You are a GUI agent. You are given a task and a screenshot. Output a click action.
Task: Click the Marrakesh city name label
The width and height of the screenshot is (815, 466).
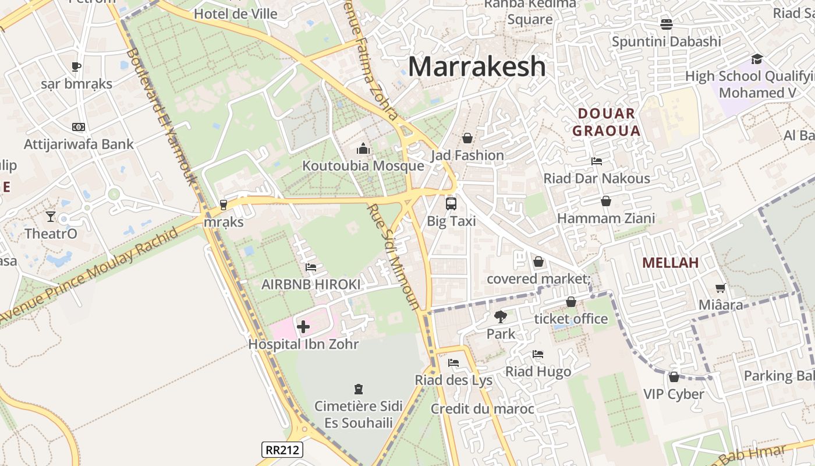coord(477,67)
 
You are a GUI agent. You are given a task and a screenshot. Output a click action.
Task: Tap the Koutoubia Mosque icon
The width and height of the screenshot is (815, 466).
coord(363,149)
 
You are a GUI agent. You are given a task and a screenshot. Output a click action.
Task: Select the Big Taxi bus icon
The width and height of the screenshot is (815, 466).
coord(451,204)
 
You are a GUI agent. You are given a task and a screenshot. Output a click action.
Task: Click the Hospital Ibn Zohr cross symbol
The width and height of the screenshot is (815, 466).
coord(303,327)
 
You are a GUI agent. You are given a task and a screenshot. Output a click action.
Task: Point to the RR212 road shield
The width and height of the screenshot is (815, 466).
coord(282,450)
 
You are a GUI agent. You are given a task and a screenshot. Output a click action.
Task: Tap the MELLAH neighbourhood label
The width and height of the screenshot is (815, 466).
coord(670,263)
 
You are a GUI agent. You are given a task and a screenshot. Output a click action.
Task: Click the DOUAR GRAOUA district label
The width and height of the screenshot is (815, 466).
coord(606,122)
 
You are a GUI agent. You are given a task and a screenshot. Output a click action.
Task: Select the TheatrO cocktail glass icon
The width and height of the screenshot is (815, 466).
coord(51,217)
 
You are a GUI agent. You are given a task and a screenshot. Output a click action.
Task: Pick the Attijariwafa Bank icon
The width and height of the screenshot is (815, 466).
coord(79,127)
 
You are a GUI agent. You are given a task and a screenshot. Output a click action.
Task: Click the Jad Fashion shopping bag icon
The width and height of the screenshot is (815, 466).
coord(467,138)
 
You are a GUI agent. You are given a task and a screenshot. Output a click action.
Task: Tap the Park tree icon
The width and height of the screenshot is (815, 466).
coord(500,317)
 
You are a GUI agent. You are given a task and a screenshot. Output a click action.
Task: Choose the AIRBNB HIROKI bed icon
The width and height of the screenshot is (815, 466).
coord(311,267)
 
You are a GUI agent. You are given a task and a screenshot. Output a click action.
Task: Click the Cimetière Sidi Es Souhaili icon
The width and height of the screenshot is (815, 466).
coord(359,389)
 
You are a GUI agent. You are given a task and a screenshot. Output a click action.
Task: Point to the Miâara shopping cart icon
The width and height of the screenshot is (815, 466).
coord(721,288)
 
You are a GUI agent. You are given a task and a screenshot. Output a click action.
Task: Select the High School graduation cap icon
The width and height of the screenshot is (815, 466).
coord(757,59)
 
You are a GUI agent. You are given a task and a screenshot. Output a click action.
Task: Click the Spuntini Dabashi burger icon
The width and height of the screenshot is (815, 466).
coord(667,24)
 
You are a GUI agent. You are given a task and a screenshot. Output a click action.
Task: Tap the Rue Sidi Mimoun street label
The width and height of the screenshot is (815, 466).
coord(394,256)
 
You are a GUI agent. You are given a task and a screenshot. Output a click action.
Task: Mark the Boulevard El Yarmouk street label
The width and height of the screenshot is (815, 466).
coord(160,116)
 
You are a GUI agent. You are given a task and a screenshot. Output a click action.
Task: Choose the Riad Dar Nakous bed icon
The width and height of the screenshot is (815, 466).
coord(597,161)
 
